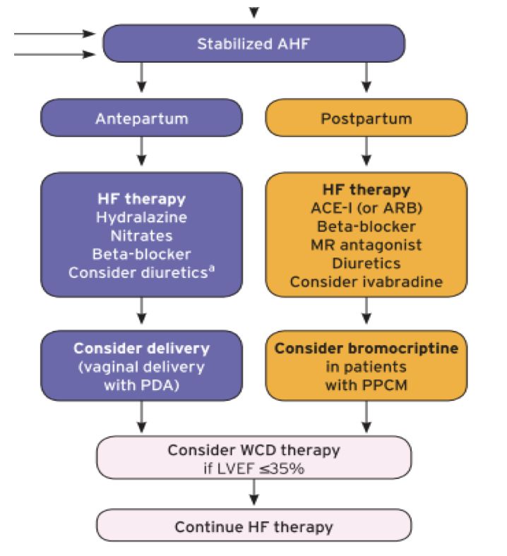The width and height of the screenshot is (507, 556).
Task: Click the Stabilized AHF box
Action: (x=253, y=44)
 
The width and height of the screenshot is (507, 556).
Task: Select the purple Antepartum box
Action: (x=141, y=118)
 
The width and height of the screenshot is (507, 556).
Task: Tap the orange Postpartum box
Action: (x=366, y=118)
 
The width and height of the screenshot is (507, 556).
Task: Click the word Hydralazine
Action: (x=141, y=217)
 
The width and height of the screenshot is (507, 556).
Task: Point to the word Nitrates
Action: (x=141, y=235)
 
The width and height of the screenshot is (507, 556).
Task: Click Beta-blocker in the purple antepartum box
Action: (x=141, y=253)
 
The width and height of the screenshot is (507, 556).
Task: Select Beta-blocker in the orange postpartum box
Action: (x=366, y=226)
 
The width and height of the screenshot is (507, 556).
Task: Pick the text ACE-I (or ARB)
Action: (x=366, y=208)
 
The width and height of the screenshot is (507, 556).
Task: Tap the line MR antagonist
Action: (x=366, y=245)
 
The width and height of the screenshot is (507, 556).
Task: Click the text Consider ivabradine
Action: (x=366, y=282)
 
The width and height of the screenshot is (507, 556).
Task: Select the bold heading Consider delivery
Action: (x=141, y=349)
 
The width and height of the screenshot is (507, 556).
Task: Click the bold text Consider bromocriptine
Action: (x=366, y=349)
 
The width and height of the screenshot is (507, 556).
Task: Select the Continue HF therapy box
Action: (x=253, y=526)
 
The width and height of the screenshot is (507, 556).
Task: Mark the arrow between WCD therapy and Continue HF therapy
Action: (x=253, y=495)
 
